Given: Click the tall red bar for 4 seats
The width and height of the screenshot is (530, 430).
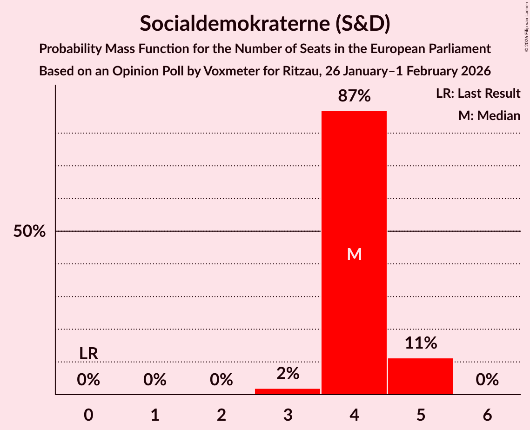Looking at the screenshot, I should [354, 186].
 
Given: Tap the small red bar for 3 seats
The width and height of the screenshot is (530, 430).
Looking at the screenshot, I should [288, 391].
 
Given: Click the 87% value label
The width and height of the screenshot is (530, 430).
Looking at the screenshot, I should [354, 96].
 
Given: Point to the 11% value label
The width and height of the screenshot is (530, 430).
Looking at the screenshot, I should [421, 343].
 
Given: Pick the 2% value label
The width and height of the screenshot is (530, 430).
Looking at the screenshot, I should [288, 373].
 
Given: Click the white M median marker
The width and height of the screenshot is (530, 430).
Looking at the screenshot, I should [354, 254].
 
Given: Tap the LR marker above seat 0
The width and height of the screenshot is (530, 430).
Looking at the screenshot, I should [88, 354].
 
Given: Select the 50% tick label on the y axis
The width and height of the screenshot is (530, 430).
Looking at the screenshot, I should [29, 231].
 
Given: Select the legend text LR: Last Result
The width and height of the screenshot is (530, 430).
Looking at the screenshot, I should [478, 94].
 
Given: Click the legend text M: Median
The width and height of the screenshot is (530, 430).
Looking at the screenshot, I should [489, 115].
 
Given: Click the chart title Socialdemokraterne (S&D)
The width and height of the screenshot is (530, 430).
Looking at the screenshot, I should [265, 23].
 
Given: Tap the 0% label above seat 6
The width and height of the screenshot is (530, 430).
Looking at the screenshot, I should [487, 380].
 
